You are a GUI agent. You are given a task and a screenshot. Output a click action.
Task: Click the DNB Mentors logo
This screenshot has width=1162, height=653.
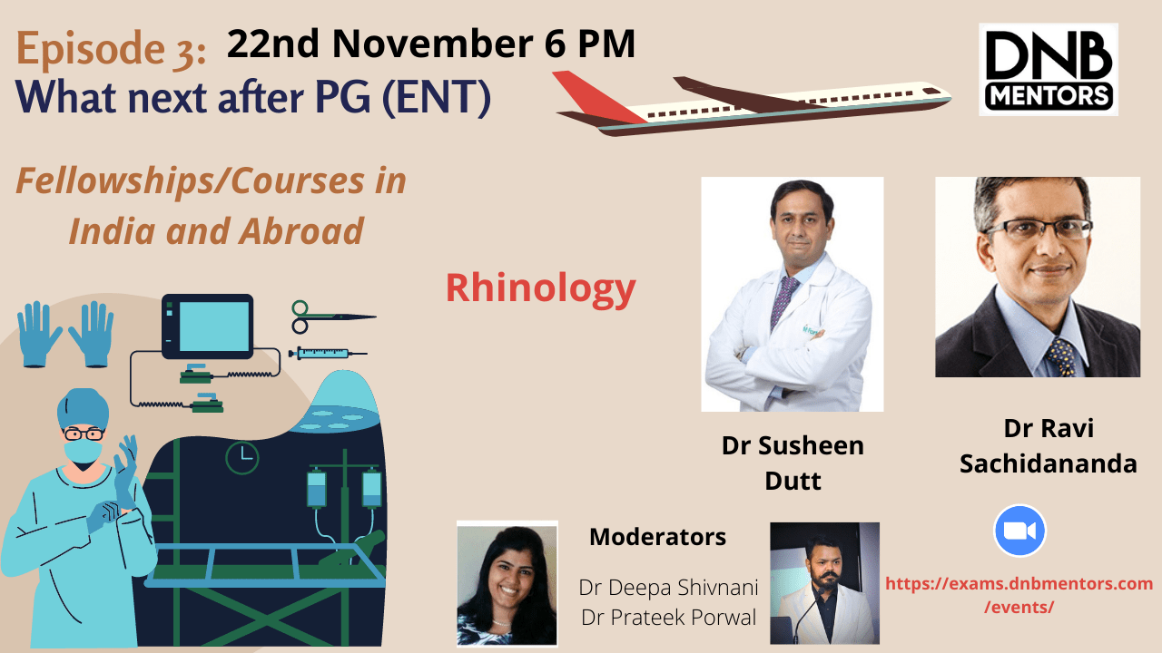click(1048, 70)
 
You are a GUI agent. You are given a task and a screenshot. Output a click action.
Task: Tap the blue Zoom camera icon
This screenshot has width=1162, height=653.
click(1019, 531)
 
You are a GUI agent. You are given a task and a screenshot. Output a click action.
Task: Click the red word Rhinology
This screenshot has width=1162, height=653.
click(541, 289)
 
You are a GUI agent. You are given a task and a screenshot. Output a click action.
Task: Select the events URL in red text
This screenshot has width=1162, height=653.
click(1019, 594)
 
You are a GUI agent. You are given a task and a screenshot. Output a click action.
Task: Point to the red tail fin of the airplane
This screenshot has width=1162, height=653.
click(596, 95)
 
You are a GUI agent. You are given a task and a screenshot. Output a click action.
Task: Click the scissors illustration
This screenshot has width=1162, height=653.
click(333, 317)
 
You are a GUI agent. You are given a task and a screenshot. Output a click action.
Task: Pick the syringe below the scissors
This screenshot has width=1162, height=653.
click(328, 354)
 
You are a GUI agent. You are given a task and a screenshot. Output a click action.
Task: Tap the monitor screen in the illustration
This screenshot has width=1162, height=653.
click(213, 327)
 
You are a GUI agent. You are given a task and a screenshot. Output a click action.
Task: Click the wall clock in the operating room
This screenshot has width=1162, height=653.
click(242, 458)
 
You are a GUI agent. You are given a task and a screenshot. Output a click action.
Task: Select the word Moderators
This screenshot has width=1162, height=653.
click(657, 537)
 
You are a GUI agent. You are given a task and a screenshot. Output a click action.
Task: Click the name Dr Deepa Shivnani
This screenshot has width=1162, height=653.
click(668, 588)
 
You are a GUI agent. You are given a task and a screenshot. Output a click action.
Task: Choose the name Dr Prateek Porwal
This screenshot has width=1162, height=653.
click(669, 618)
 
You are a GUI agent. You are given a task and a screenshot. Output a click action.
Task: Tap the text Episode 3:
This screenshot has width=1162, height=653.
click(111, 49)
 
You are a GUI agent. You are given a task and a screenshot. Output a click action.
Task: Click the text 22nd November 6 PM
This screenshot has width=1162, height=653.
click(431, 44)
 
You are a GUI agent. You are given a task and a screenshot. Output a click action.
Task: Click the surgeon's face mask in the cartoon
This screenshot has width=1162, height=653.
click(83, 451)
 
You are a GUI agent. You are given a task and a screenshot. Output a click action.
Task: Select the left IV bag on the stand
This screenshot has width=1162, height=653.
click(317, 487)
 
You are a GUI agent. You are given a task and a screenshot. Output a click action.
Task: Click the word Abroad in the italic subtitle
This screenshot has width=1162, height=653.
click(301, 231)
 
